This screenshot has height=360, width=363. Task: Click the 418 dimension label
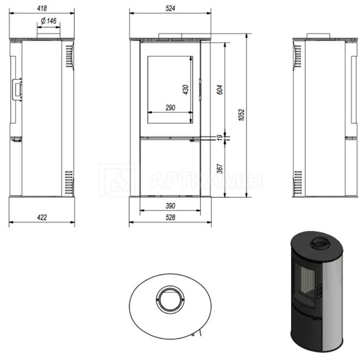pyautogui.click(x=42, y=9)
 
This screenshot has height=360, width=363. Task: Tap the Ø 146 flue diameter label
pyautogui.click(x=49, y=21)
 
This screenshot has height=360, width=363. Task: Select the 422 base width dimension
pyautogui.click(x=42, y=217)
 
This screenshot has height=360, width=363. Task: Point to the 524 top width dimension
pyautogui.click(x=170, y=9)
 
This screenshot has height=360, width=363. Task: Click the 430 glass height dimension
pyautogui.click(x=185, y=90)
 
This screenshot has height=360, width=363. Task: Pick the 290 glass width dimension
pyautogui.click(x=170, y=107)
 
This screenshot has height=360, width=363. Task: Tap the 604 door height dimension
pyautogui.click(x=220, y=90)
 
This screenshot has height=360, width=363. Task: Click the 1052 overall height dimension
pyautogui.click(x=242, y=115)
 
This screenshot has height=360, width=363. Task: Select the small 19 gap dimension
pyautogui.click(x=220, y=137)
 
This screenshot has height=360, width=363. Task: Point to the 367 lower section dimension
pyautogui.click(x=220, y=169)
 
